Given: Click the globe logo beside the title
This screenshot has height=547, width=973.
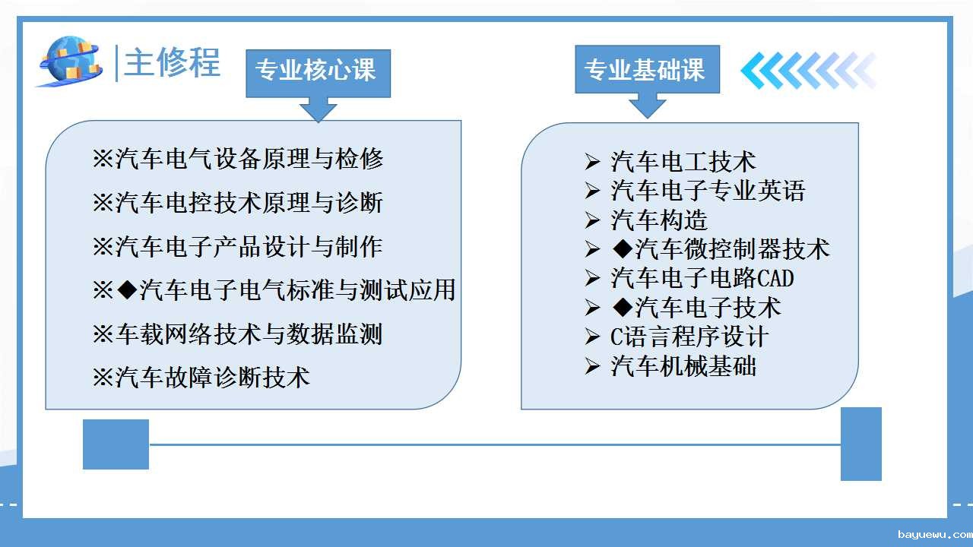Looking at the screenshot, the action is point(71,62).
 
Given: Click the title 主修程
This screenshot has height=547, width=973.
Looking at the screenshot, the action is point(172,63).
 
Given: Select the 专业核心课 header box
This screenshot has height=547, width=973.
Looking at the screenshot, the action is point(318,74).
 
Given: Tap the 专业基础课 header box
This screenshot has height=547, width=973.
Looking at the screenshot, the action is point(647,69).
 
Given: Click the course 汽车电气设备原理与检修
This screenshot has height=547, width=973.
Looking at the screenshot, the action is point(238,159).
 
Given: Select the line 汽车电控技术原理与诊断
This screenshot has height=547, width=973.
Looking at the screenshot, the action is point(238,203).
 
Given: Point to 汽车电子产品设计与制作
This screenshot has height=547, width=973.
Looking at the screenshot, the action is point(238,247).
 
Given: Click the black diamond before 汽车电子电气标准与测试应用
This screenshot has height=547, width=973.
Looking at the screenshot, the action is point(128,289).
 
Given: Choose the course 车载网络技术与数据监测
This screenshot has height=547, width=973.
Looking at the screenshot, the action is point(238,334).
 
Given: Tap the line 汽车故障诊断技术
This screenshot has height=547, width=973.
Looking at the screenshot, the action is point(201,378).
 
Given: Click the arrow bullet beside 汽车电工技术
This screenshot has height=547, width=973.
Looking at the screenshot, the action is point(592,162).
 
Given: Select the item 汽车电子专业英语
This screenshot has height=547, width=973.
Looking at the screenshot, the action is point(708,191).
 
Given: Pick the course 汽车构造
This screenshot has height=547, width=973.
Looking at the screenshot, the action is point(659,220).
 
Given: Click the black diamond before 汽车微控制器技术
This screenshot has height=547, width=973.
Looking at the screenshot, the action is point(623,248).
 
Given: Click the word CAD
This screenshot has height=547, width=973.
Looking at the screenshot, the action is point(776,278).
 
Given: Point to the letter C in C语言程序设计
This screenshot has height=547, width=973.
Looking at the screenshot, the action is point(616,337).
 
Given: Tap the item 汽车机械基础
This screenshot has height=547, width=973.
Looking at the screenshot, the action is point(683,366).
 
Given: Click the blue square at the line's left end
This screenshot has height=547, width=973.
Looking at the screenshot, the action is point(116,444).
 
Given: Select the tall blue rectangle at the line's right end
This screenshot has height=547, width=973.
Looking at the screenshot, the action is point(861,444).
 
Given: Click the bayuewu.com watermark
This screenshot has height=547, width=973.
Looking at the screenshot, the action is point(935,534).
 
